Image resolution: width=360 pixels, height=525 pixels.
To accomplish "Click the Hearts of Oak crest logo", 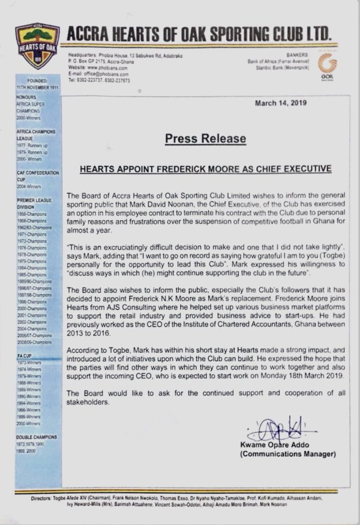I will click(x=37, y=46).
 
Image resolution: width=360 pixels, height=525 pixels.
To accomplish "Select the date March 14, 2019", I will click(x=281, y=103).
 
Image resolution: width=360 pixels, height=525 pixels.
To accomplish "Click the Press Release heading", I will click(x=206, y=139).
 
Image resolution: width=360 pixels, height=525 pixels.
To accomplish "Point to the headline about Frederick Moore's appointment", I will click(x=206, y=169).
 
